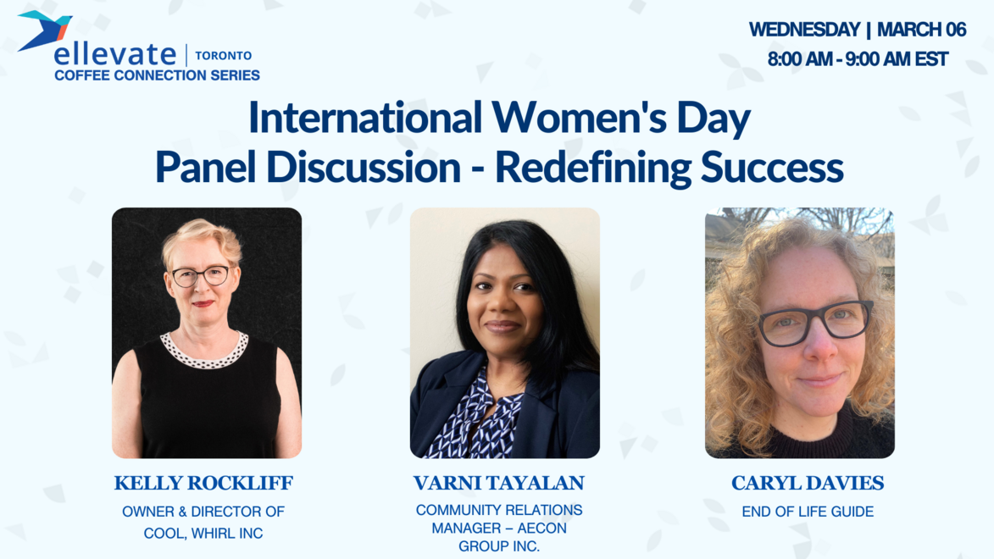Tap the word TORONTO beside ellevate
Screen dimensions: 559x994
223,56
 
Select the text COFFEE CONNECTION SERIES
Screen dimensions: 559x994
157,75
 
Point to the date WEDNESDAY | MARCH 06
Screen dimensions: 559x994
857,30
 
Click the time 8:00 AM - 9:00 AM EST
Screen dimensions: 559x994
857,60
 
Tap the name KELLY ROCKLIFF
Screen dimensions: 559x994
203,484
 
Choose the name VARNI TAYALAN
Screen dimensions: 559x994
499,484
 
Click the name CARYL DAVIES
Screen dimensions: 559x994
808,484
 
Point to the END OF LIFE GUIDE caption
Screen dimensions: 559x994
808,512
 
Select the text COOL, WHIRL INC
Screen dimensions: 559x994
203,534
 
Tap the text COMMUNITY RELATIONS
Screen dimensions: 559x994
499,511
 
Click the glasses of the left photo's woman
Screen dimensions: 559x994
201,275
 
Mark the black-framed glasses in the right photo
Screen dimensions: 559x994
814,322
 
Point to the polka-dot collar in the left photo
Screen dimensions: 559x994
204,350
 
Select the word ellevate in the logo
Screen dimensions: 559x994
114,55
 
